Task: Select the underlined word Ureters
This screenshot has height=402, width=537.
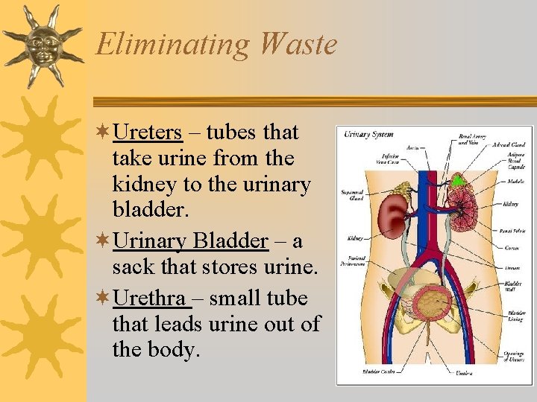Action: coord(147,133)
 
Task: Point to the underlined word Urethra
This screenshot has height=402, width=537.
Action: coord(148,299)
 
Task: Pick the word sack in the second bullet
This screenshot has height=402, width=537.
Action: coord(131,267)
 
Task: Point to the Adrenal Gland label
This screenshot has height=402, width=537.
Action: coord(508,145)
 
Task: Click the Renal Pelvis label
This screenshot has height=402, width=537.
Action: coord(511,232)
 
